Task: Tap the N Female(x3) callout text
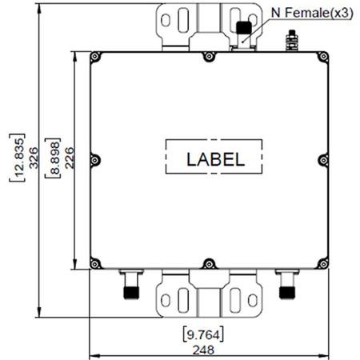click(301, 13)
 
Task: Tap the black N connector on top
click(243, 31)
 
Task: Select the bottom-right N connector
click(285, 285)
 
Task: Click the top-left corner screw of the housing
click(95, 56)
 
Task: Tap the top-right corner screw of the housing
click(322, 56)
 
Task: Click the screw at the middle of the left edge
click(95, 158)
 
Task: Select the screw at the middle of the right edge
click(322, 158)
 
